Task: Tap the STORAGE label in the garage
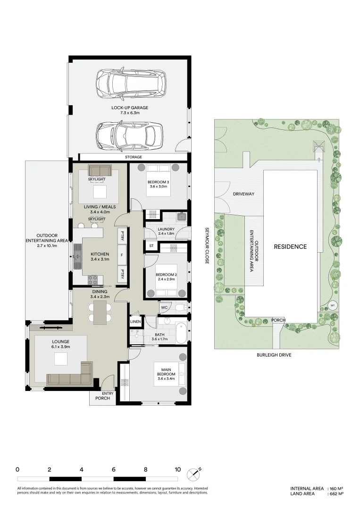coord(133,157)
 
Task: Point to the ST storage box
coord(151,246)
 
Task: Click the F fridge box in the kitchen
coord(122,255)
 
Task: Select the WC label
coord(164,307)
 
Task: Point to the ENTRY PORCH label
coord(102,395)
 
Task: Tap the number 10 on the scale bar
coord(177,469)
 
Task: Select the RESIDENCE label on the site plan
coord(290,246)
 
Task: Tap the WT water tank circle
coord(332,305)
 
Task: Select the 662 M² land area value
coord(336,493)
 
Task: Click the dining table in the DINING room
coord(100,313)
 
